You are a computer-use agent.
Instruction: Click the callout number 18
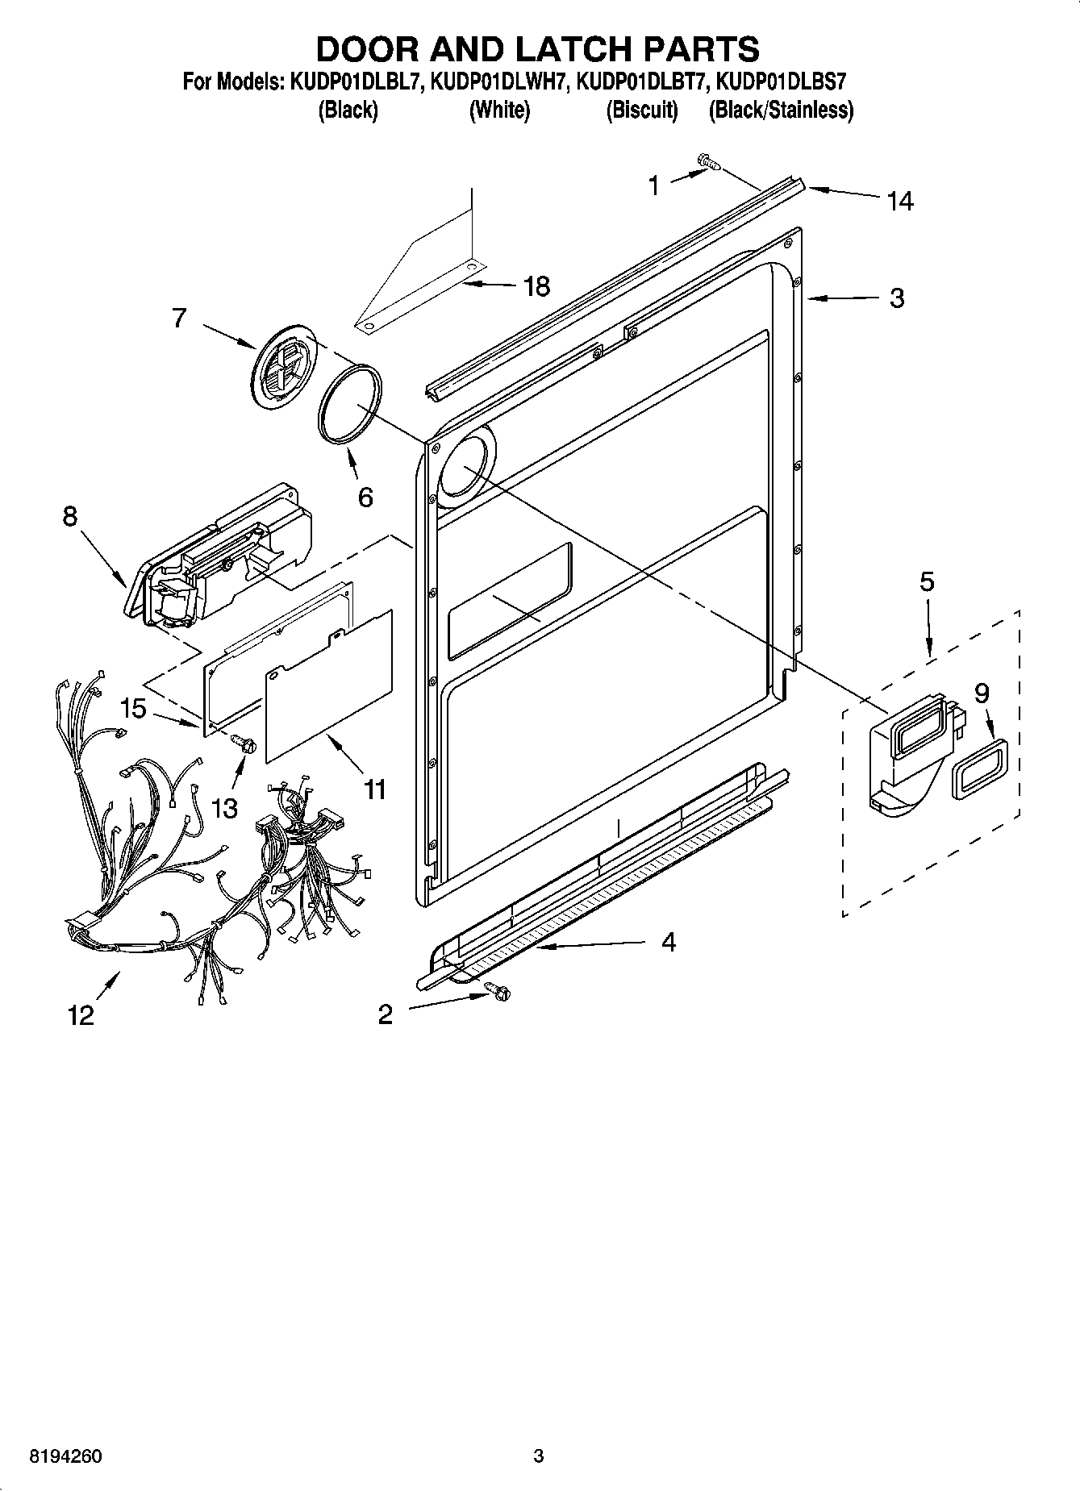536,285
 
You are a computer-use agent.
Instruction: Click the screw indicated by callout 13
244,743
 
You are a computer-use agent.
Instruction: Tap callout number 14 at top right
899,200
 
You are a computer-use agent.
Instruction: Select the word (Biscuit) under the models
642,110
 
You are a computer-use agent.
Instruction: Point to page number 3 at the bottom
539,1456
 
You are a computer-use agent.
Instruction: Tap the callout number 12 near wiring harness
81,1015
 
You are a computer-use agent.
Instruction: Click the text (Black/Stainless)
780,110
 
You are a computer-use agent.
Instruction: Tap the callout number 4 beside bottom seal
668,941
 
